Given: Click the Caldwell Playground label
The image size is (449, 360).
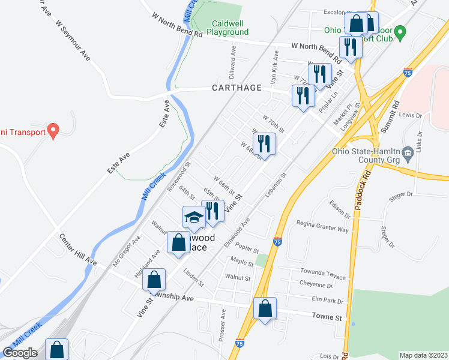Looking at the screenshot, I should (x=231, y=28).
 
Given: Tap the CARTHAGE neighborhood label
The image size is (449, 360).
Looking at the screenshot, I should (x=237, y=88).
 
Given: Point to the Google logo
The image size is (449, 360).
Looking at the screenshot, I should (x=20, y=353).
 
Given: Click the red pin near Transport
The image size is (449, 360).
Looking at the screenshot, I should (x=53, y=130).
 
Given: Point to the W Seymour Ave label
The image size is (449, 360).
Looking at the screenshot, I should (x=72, y=40).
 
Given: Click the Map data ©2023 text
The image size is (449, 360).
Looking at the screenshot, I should (x=423, y=355).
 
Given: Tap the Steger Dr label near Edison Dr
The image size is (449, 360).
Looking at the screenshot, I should (x=402, y=194).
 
